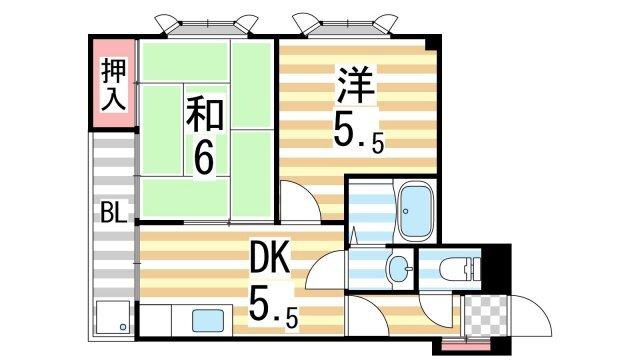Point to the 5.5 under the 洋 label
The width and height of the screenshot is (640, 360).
[358, 132]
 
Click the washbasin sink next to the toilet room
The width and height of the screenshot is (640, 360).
[397, 268]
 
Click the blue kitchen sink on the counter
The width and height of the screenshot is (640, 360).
[207, 322]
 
